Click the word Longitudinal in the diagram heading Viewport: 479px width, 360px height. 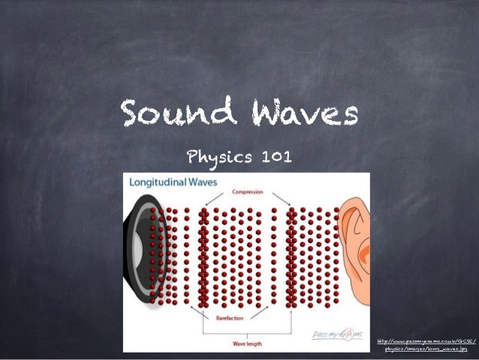pyautogui.click(x=159, y=182)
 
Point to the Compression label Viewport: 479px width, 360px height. pyautogui.click(x=248, y=192)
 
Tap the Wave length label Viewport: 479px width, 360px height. pyautogui.click(x=248, y=344)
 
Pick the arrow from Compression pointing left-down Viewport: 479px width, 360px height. pyautogui.click(x=217, y=198)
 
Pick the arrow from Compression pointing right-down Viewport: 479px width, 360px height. pyautogui.click(x=278, y=198)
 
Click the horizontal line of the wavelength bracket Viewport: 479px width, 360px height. pyautogui.click(x=248, y=334)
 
